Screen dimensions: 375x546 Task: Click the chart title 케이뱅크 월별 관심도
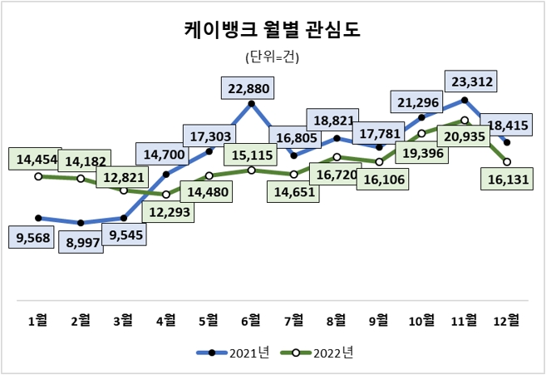point(273,31)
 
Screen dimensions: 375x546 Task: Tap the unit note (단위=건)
point(273,57)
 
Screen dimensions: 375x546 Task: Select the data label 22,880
point(249,87)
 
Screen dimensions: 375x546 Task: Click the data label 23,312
point(470,81)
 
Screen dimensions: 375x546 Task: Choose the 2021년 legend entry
point(234,353)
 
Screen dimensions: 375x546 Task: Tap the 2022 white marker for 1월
point(38,176)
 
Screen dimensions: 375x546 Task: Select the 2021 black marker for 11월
point(464,100)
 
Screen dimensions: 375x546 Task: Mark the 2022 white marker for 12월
point(506,161)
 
